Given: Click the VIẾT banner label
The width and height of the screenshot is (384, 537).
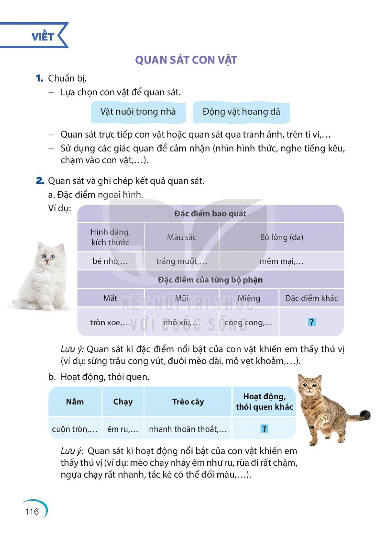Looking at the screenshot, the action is coord(42,37).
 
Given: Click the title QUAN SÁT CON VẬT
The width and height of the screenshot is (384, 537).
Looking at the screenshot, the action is coord(186,60).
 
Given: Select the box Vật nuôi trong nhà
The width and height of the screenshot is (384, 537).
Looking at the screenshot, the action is coord(138,112).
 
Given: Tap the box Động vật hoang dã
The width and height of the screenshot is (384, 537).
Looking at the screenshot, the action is coord(241,112).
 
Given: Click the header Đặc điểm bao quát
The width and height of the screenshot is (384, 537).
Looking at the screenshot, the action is coord(210,214).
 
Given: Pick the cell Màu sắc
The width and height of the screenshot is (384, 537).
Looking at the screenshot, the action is coord(181,237).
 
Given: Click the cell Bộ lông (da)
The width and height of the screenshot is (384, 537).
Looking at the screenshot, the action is coord(282,237).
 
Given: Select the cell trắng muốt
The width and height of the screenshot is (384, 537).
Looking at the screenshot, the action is coord(181,261).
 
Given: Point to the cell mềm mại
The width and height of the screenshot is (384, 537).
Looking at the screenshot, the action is coord(282,261).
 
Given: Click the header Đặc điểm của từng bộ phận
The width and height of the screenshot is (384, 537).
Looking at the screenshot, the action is coord(210,280).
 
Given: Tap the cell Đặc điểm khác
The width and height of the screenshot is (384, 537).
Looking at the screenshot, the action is coord(311,298).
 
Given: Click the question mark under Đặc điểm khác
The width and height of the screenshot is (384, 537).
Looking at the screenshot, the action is coord(311,322).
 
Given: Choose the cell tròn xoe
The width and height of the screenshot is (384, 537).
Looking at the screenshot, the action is coord(110,322).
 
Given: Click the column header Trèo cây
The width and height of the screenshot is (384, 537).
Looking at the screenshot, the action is coord(188,402).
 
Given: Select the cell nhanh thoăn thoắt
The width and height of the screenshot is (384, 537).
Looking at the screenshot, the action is coord(188,429).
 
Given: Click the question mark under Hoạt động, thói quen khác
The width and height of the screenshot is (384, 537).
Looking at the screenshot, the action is coord(264,429).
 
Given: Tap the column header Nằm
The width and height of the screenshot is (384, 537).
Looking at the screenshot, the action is coord(75,402).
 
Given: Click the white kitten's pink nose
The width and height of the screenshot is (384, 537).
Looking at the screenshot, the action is coord(47,261).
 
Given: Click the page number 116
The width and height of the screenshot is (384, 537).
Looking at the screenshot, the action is coord(32,511).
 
